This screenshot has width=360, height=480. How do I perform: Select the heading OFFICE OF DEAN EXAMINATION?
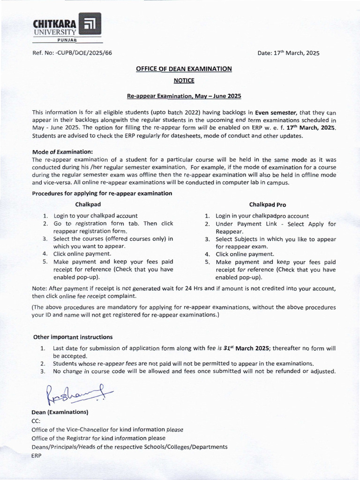tap(184, 68)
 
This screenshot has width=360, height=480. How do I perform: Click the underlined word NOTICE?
tap(184, 81)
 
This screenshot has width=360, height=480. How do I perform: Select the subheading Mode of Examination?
tap(62, 151)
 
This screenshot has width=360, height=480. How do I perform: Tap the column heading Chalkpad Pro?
tap(268, 204)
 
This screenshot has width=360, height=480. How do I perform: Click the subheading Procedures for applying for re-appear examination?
tap(102, 193)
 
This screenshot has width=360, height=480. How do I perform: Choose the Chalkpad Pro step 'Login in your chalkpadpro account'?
tap(262, 216)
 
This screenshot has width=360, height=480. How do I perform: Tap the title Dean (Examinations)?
tap(60, 412)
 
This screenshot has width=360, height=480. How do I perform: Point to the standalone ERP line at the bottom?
tap(37, 455)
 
